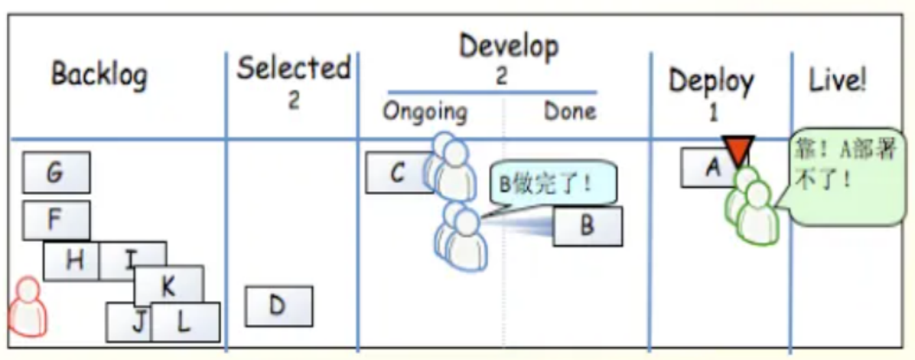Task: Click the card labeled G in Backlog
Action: point(56,172)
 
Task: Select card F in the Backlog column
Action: point(56,220)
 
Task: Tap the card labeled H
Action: point(72,261)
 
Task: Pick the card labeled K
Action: point(169,285)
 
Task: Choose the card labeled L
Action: point(185,322)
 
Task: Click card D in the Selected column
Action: point(279,306)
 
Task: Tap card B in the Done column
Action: point(588,226)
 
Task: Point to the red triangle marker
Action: point(738,150)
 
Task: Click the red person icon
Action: point(28,307)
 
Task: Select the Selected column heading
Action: point(293,69)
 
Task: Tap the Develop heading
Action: point(508,47)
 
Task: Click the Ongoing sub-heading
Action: point(424,112)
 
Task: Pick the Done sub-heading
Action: point(570,110)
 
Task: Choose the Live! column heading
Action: point(837,82)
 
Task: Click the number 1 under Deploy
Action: point(713,113)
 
